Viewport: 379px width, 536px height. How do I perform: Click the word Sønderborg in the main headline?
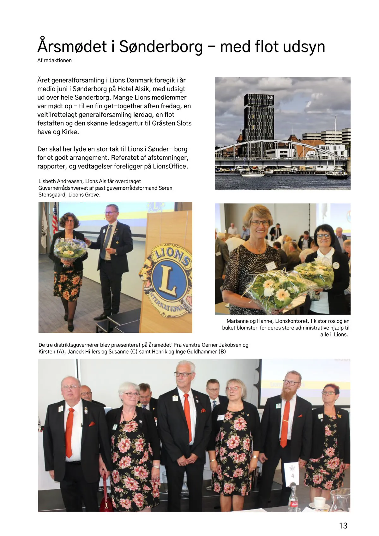click(x=161, y=47)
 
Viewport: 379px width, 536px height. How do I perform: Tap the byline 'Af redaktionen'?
click(x=54, y=60)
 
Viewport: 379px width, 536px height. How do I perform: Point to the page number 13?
click(x=343, y=526)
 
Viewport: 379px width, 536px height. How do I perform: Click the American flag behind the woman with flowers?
click(x=55, y=218)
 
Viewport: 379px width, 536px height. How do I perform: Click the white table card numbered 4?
click(x=292, y=473)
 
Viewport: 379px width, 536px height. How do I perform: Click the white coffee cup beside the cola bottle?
click(x=319, y=502)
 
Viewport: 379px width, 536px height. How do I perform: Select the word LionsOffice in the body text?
click(x=170, y=166)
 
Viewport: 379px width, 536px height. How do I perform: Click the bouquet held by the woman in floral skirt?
click(x=70, y=249)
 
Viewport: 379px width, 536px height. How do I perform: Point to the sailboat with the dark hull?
click(x=337, y=175)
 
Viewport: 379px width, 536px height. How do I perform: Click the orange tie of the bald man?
click(x=69, y=432)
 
